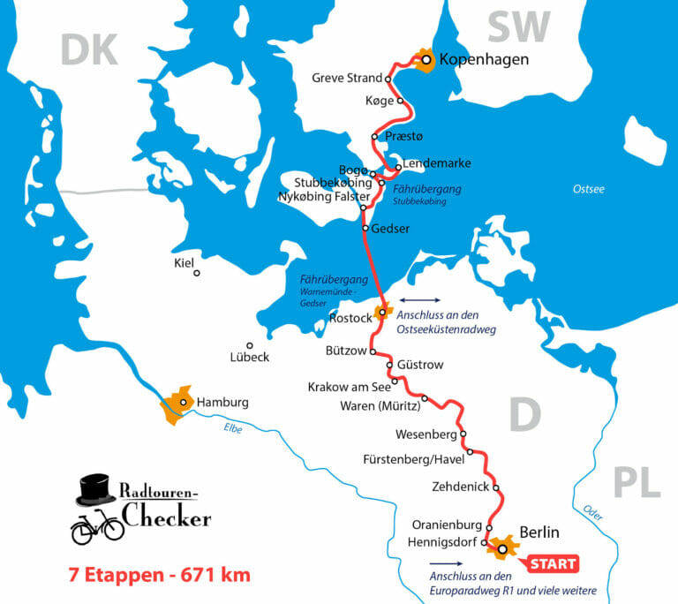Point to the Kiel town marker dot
197,273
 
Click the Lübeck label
249,358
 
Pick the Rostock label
345,318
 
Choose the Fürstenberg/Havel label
411,459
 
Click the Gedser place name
393,229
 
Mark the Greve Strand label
347,78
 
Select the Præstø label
404,136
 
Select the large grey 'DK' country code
89,50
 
